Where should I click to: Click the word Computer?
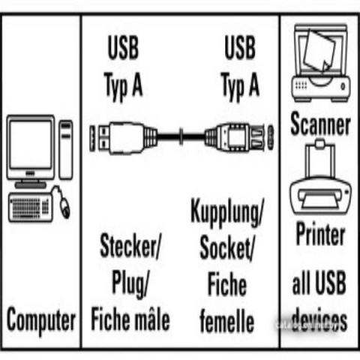41,321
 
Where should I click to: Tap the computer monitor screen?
31,145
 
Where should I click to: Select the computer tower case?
66,149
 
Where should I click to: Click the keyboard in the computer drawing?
30,207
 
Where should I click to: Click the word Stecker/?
130,245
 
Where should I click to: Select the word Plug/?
130,284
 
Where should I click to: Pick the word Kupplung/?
226,212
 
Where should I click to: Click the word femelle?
227,321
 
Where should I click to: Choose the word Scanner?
320,124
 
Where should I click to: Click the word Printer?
320,233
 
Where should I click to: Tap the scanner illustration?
321,63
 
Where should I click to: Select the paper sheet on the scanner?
320,51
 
